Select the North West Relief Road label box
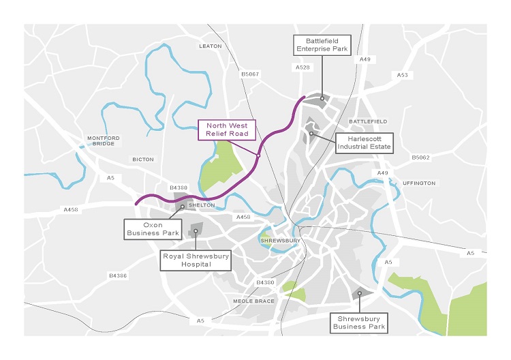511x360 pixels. pyautogui.click(x=227, y=130)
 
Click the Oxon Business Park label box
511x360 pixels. pyautogui.click(x=151, y=228)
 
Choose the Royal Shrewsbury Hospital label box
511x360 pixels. pyautogui.click(x=196, y=260)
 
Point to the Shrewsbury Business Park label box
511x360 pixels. pyautogui.click(x=359, y=322)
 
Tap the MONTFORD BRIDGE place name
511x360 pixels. pyautogui.click(x=104, y=141)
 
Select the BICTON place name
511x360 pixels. pyautogui.click(x=143, y=160)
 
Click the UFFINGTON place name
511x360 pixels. pyautogui.click(x=419, y=183)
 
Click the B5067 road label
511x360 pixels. pyautogui.click(x=250, y=74)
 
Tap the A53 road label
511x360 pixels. pyautogui.click(x=403, y=74)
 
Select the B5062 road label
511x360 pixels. pyautogui.click(x=420, y=157)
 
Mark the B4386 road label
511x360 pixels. pyautogui.click(x=118, y=275)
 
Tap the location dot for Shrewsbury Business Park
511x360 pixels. pyautogui.click(x=359, y=293)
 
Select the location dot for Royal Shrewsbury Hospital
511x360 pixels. pyautogui.click(x=196, y=231)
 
